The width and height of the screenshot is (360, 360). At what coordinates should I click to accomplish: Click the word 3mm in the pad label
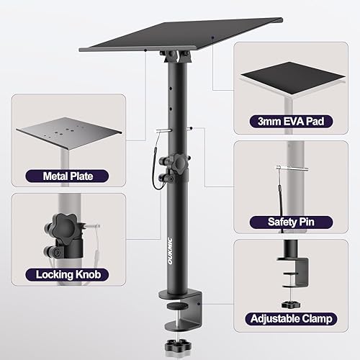point(261,121)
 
